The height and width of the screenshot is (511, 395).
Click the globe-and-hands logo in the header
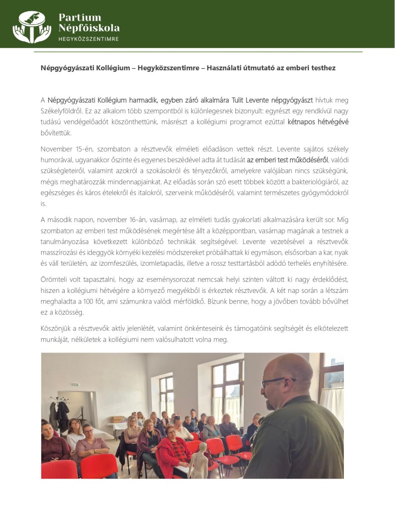[x=32, y=26]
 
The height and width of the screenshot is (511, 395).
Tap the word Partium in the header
[x=80, y=17]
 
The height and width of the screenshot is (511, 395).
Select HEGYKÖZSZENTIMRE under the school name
[x=88, y=39]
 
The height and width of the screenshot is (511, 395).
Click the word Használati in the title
[x=223, y=68]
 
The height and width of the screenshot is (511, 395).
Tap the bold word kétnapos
[x=302, y=122]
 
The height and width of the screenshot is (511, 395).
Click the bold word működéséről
[x=309, y=160]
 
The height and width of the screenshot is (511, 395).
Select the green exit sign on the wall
[x=75, y=385]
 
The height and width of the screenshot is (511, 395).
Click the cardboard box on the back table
[x=117, y=419]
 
